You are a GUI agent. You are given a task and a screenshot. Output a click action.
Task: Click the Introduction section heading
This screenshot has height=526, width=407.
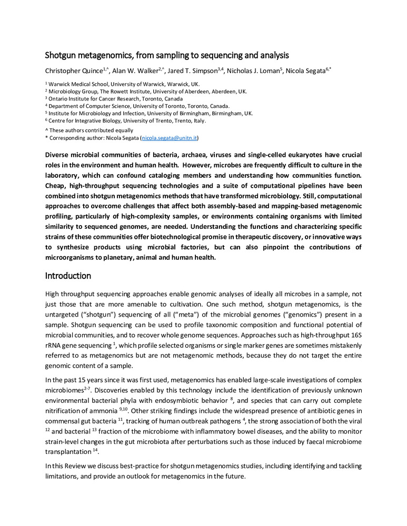[x=68, y=276]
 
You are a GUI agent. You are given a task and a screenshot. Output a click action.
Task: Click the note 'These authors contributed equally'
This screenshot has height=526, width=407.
[x=89, y=130]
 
